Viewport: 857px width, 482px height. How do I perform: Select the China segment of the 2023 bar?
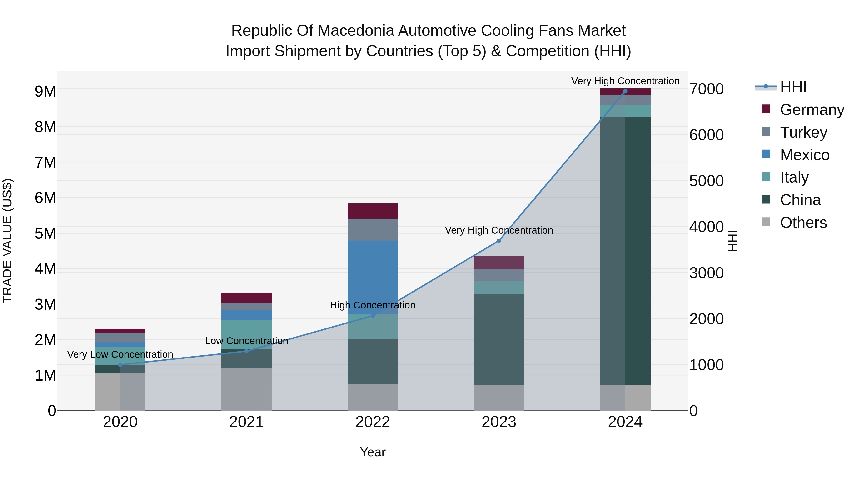pyautogui.click(x=499, y=339)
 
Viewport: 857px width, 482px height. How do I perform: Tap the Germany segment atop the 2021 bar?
pyautogui.click(x=247, y=298)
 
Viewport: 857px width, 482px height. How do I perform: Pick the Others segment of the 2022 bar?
pyautogui.click(x=373, y=397)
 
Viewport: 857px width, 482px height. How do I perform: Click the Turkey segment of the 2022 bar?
pyautogui.click(x=373, y=229)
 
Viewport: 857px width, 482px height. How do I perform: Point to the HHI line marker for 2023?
pyautogui.click(x=499, y=240)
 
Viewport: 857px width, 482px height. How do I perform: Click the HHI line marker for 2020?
pyautogui.click(x=120, y=365)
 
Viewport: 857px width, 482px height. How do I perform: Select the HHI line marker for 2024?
pyautogui.click(x=625, y=91)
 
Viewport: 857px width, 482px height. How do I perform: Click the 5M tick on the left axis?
pyautogui.click(x=45, y=234)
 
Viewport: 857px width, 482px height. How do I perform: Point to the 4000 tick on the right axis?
pyautogui.click(x=706, y=227)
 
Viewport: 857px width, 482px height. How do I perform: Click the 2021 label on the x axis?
pyautogui.click(x=247, y=422)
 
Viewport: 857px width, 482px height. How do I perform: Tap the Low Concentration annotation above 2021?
pyautogui.click(x=247, y=341)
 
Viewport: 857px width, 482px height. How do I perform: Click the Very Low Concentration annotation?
pyautogui.click(x=120, y=355)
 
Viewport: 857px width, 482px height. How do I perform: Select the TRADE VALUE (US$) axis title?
pyautogui.click(x=7, y=241)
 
